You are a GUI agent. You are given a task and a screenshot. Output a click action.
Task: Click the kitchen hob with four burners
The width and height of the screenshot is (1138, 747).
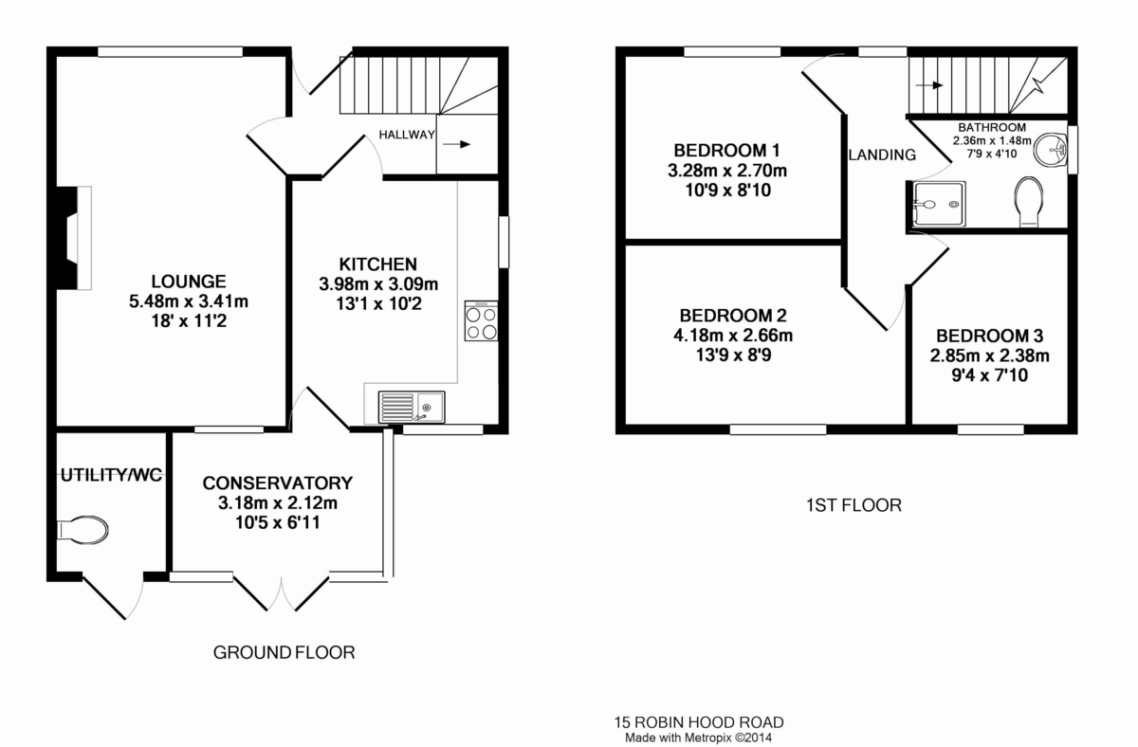pos(481,320)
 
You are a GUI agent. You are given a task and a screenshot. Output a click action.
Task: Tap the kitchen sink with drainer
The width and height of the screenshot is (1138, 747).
pos(412,407)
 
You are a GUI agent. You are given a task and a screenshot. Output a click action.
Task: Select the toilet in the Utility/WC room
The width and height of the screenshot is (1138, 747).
pos(83,531)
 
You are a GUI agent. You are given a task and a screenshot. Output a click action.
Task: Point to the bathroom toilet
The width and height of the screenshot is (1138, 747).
pos(1029,202)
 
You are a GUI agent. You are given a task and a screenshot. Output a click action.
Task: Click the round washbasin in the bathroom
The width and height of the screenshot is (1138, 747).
pos(1049,149)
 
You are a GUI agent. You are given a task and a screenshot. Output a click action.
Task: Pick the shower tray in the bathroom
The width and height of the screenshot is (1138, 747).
pos(939,204)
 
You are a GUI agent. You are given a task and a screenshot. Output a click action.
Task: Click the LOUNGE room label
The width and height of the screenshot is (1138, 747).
pos(189,282)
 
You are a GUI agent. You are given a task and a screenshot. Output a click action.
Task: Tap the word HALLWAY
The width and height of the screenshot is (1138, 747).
pos(407,135)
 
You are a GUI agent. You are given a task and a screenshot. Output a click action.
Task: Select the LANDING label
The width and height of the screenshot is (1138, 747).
pos(882,155)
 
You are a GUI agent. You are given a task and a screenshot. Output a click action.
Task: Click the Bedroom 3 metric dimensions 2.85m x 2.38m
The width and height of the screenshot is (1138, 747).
pos(990,355)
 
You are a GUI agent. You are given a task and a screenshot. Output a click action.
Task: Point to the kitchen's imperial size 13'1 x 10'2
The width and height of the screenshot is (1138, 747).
pos(378,303)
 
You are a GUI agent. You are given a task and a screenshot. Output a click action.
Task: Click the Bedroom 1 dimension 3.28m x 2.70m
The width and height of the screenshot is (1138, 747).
pos(727,170)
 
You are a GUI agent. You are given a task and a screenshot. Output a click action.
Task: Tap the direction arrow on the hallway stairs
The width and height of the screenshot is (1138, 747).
pos(457,144)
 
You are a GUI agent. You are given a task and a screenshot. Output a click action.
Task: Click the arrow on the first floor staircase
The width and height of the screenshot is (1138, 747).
pos(929,85)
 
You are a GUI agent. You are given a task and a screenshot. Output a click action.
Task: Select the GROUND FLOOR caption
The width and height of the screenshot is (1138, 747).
pos(284,652)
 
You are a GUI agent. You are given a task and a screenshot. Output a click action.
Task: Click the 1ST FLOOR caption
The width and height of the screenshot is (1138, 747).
pos(854,505)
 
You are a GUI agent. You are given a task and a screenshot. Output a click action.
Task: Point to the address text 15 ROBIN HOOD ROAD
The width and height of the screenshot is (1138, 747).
pos(699,722)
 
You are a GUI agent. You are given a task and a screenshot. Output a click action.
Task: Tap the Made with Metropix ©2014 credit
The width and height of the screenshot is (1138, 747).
pos(699,738)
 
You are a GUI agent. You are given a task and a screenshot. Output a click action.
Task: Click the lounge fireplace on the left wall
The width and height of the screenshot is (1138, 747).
pos(74,238)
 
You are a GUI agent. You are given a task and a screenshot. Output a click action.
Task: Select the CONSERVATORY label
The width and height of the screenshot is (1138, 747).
pos(277,483)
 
